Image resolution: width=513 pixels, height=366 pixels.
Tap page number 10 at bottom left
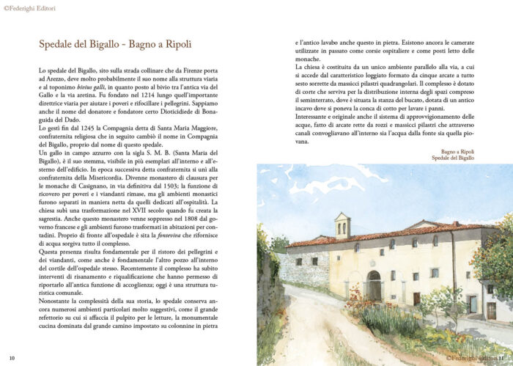point(12,357)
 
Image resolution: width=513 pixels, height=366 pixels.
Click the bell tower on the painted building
point(342,226)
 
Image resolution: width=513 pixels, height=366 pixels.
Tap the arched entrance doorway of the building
point(374,285)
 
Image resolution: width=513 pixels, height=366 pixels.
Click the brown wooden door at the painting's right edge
point(491,310)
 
